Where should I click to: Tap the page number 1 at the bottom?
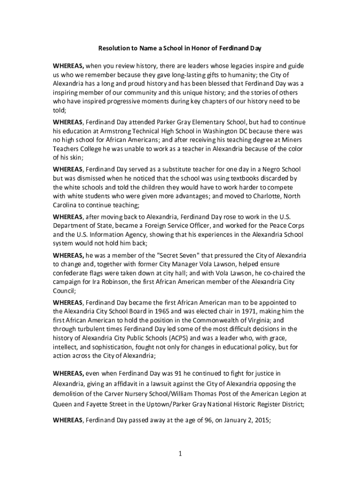pyautogui.click(x=180, y=453)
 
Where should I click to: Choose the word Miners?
pyautogui.click(x=289, y=140)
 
